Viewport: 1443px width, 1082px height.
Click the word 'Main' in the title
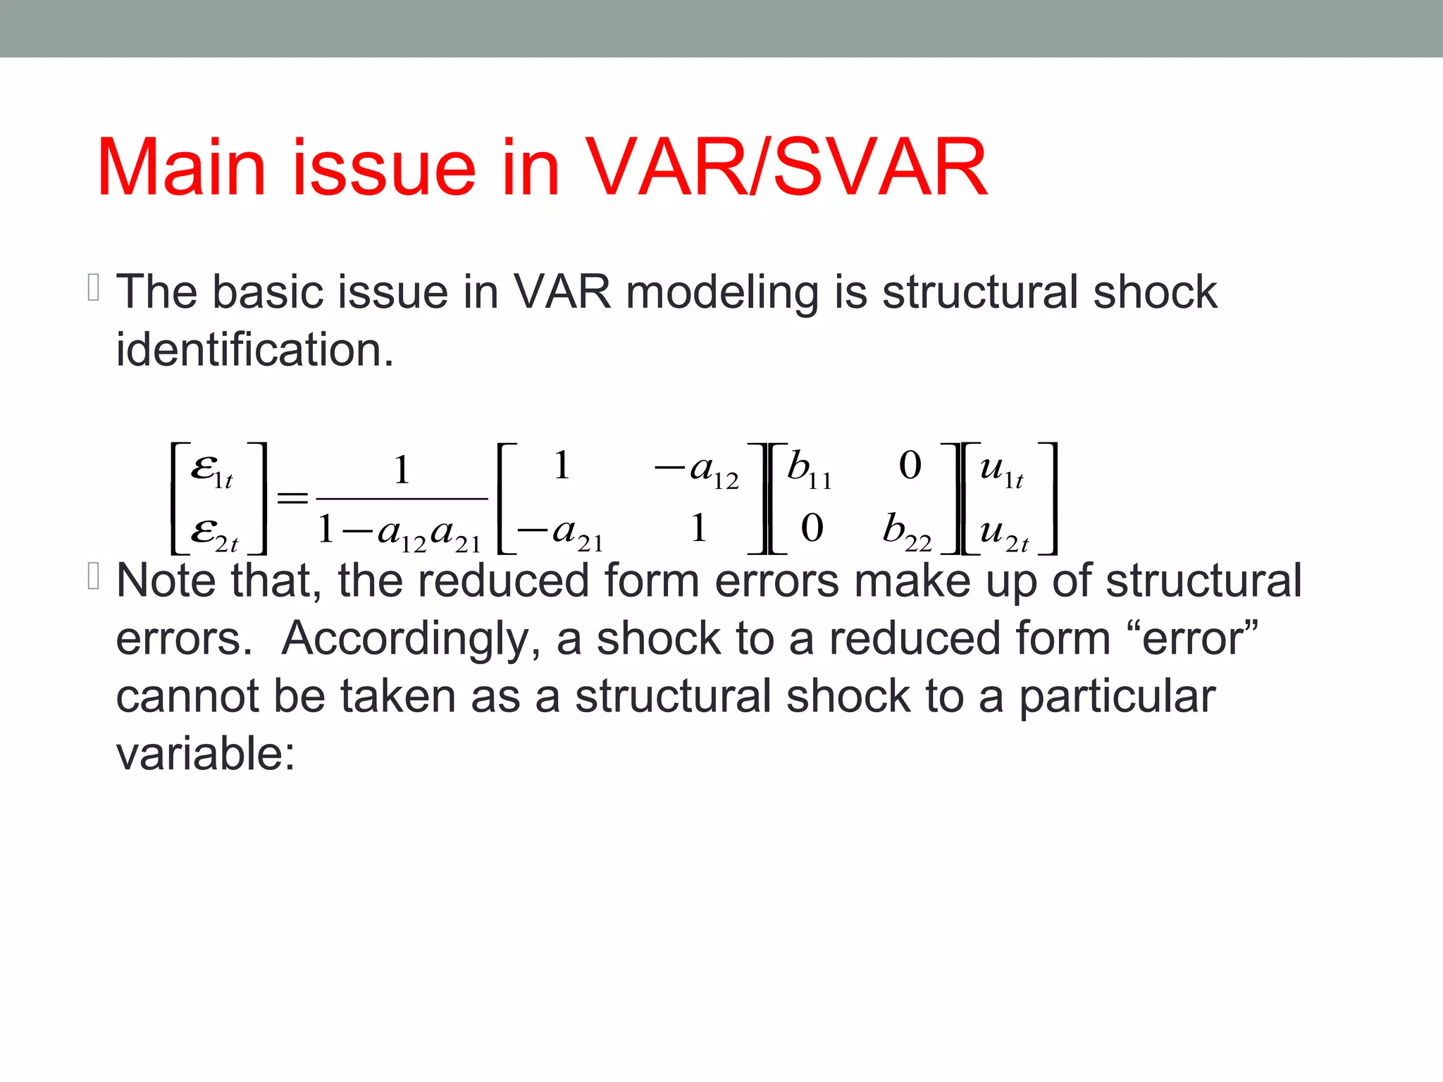pos(180,168)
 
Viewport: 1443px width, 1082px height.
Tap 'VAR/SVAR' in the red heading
pos(786,168)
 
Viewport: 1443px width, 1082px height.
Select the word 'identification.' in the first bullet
pos(254,349)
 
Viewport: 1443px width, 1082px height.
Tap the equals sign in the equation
pos(292,499)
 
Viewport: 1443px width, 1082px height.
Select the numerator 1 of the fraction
pos(402,470)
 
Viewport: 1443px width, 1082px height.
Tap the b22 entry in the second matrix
pos(907,530)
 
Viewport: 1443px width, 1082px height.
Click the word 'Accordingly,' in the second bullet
pos(411,639)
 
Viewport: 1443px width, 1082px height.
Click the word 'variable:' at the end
pos(205,754)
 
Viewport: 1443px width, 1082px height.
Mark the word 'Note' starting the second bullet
pos(166,581)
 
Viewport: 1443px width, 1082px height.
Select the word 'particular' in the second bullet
pos(1117,697)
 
